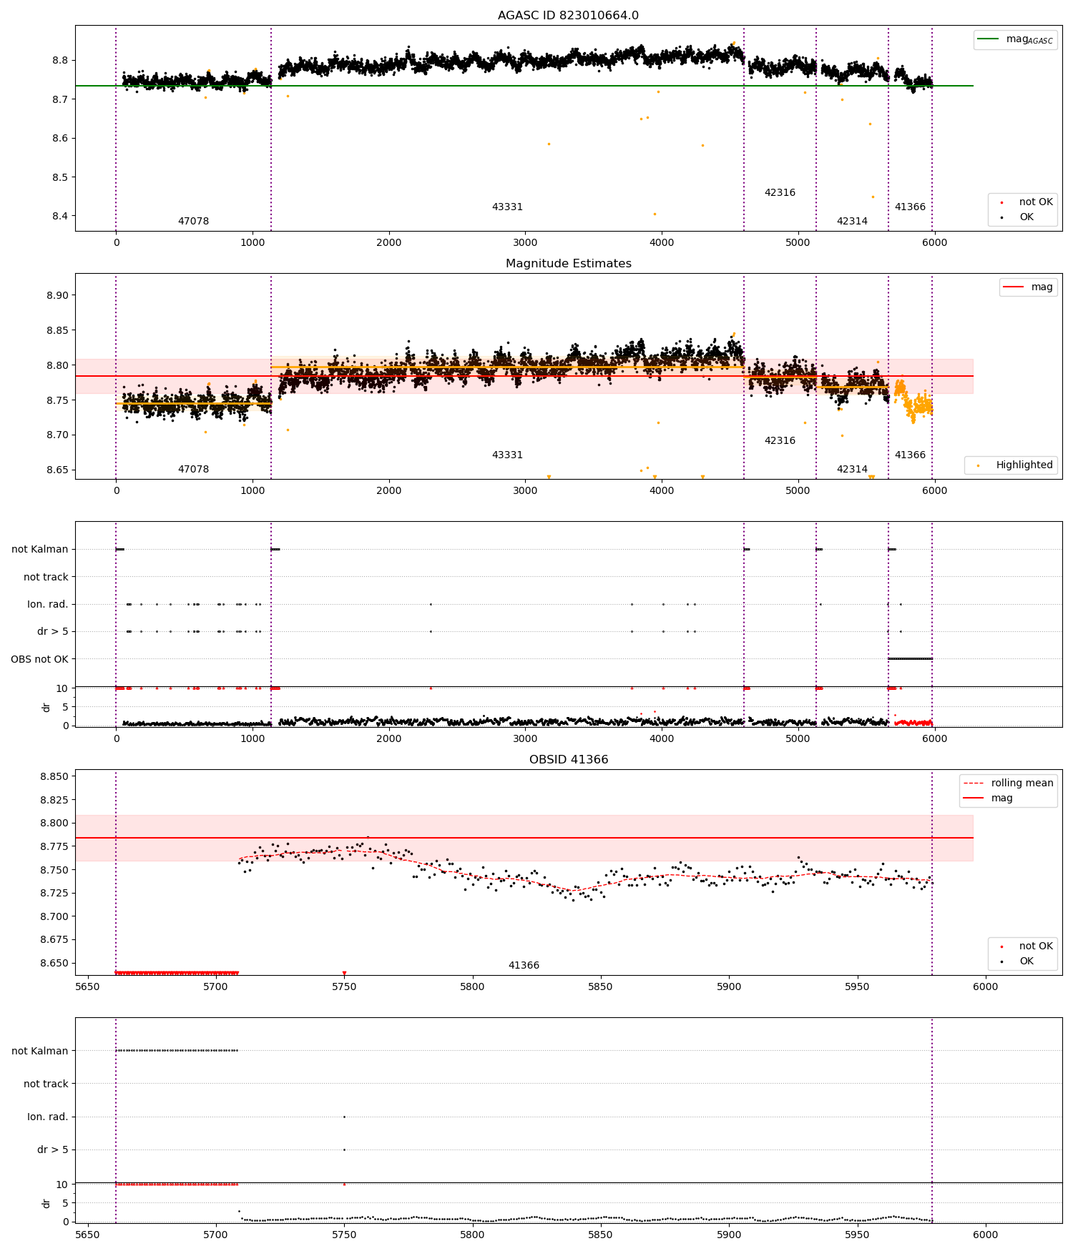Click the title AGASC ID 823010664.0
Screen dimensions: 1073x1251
[x=568, y=15]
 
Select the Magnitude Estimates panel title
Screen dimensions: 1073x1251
[x=568, y=263]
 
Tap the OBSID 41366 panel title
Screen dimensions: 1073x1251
[x=568, y=759]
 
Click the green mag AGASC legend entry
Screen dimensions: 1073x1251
[x=1015, y=39]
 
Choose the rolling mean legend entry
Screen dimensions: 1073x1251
[x=1008, y=783]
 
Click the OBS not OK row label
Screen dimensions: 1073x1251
[x=39, y=659]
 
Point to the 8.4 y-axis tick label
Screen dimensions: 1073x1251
[x=60, y=216]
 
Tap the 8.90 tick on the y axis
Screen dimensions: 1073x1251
[x=56, y=295]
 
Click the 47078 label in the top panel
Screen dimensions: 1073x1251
[x=193, y=221]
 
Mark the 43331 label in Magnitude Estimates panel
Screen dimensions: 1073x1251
[x=507, y=455]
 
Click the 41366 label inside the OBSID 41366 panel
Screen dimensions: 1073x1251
[x=524, y=965]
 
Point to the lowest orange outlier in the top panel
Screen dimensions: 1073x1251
[x=655, y=214]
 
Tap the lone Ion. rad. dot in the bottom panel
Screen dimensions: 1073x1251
[x=344, y=1117]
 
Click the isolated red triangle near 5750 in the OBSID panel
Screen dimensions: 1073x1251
[x=344, y=973]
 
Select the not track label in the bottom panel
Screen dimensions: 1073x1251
[x=46, y=1084]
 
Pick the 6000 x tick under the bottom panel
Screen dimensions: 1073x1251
[x=986, y=1235]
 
